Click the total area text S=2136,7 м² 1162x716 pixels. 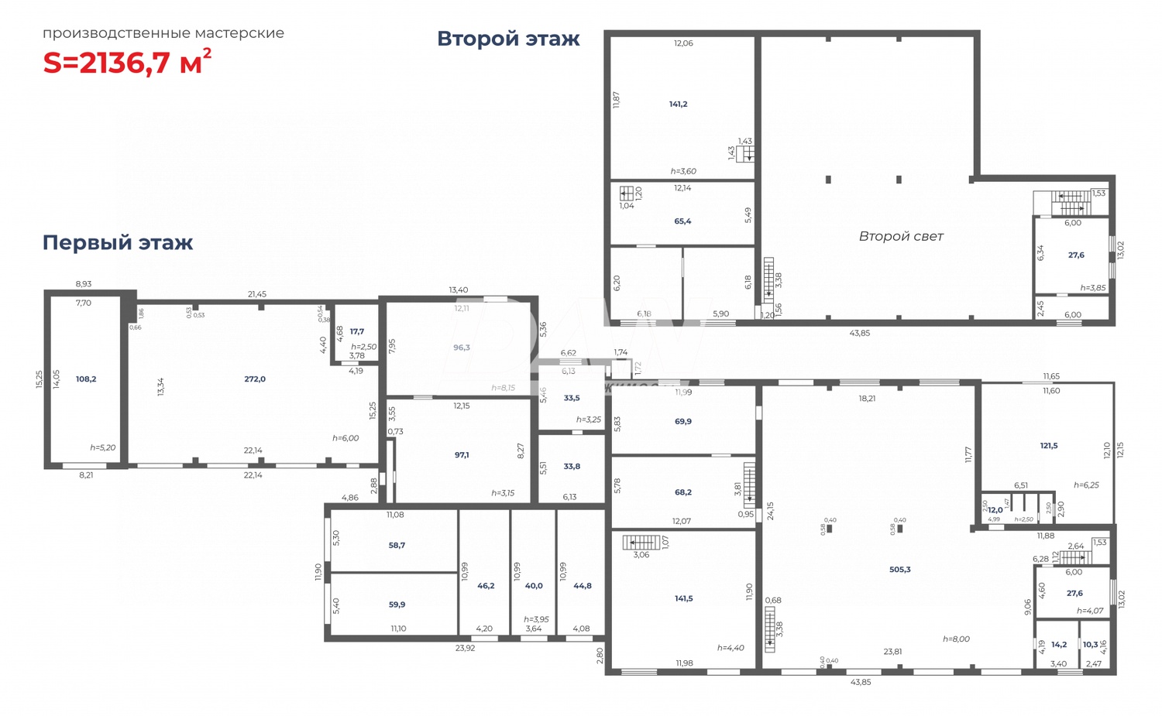coord(127,62)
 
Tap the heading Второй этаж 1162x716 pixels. coord(508,39)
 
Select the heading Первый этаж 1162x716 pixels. coord(118,242)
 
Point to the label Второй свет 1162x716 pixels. coord(901,236)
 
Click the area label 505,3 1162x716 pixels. coord(899,570)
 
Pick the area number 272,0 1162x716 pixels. coord(255,379)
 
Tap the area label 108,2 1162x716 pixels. coord(86,379)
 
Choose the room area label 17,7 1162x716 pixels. coord(356,331)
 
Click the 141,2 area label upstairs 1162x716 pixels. coord(678,104)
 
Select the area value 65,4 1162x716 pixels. coord(682,221)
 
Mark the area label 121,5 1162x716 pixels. coord(1048,446)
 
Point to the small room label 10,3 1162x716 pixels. coord(1090,644)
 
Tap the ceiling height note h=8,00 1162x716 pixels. coord(956,639)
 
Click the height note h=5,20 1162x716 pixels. coord(102,447)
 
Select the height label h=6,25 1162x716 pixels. coord(1086,485)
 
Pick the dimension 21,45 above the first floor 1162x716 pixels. coord(257,294)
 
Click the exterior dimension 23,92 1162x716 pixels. coord(465,648)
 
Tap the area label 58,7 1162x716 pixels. coord(397,545)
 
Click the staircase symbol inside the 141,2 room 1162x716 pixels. coord(745,155)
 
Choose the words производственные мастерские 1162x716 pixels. coord(163,33)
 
